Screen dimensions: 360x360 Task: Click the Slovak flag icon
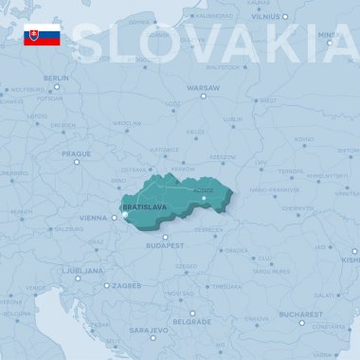[x=43, y=36]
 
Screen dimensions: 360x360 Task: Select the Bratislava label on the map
[x=144, y=207]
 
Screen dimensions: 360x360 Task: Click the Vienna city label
[x=93, y=217]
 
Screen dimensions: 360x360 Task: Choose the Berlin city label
[x=56, y=78]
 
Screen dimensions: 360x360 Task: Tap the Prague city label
[x=76, y=153]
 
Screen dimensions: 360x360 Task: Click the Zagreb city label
[x=126, y=284]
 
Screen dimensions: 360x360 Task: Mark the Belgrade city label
[x=192, y=321]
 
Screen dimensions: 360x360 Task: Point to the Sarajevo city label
[x=149, y=330]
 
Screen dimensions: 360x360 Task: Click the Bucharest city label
[x=301, y=313]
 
